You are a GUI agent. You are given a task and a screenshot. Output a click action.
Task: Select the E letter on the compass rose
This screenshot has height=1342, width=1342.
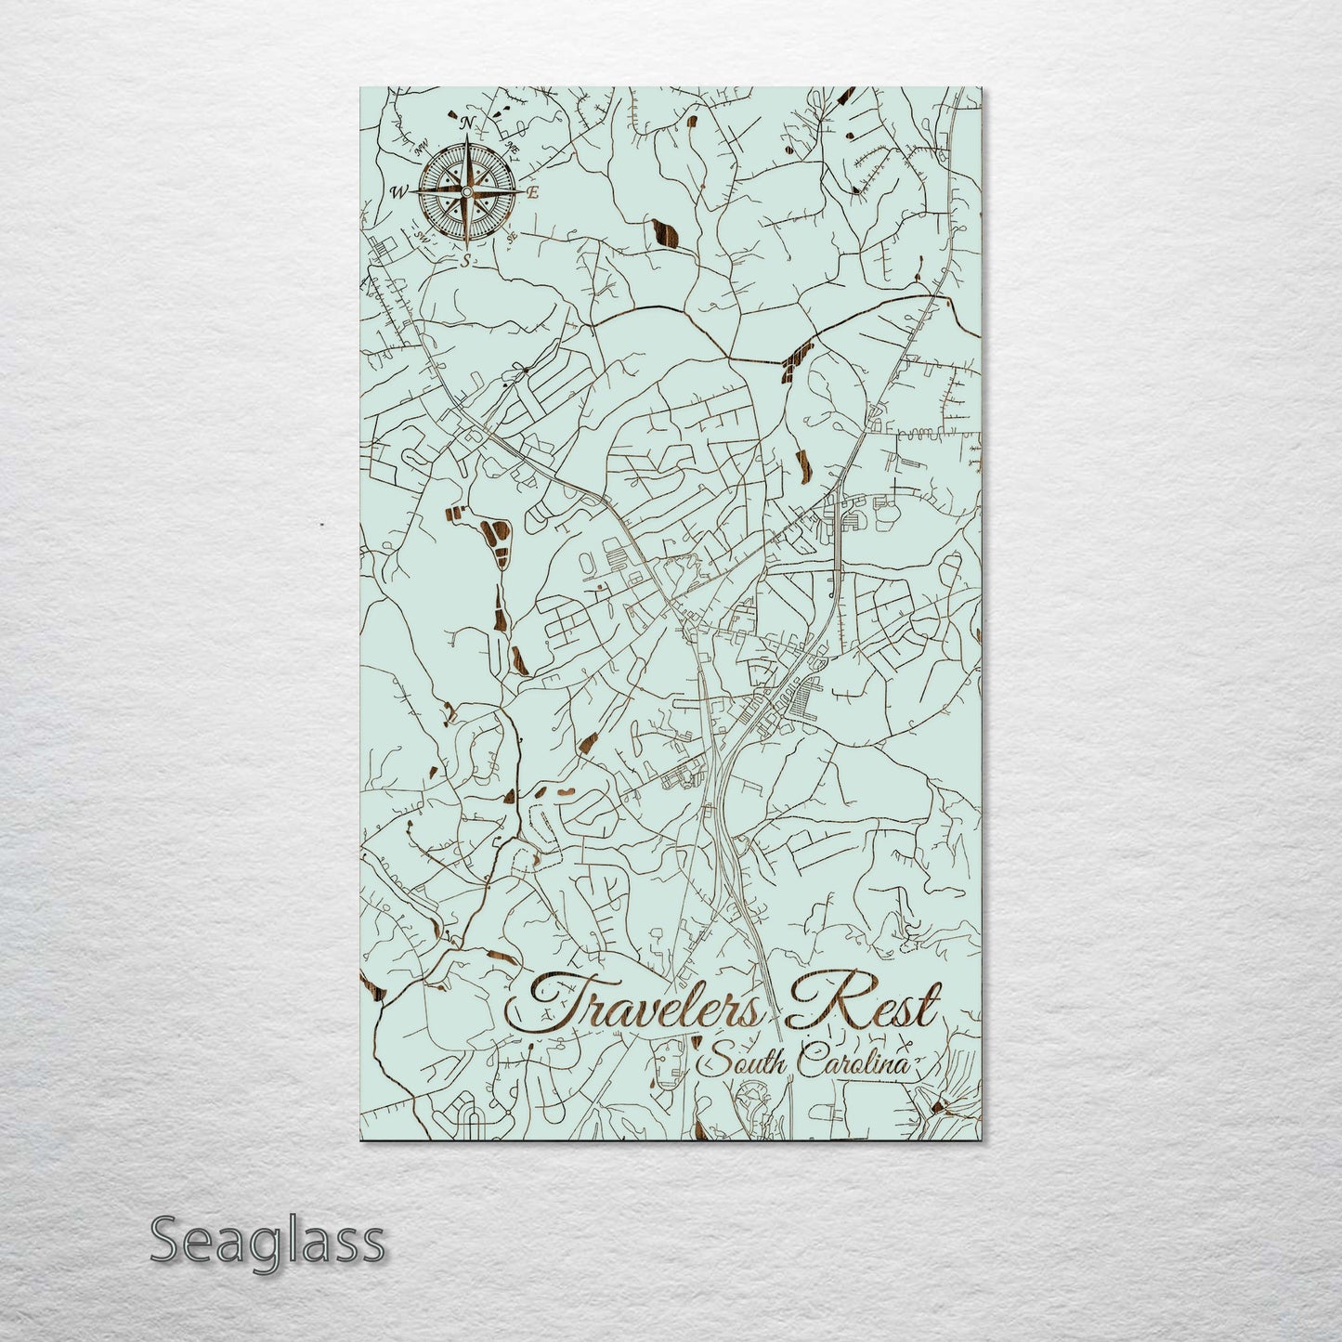coord(533,193)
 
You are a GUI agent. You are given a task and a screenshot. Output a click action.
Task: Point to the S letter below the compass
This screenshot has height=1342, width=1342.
coord(466,261)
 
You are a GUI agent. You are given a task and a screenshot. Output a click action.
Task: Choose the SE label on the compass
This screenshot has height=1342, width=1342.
coord(512,238)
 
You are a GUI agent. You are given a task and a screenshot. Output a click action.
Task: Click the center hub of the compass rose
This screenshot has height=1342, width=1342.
coord(466,192)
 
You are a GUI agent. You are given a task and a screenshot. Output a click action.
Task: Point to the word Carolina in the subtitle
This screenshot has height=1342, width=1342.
coord(859,1061)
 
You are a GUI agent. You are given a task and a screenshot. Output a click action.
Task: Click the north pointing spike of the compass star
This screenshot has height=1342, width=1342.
coord(466,153)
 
